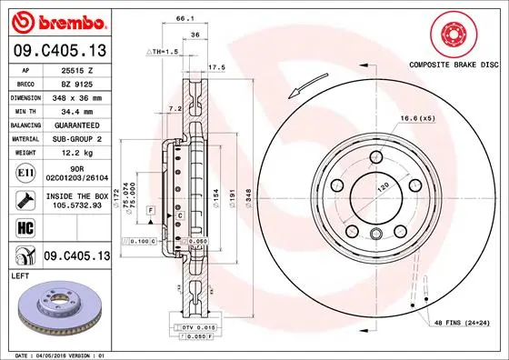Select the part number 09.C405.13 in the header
[59, 49]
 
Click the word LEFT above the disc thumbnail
[20, 275]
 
